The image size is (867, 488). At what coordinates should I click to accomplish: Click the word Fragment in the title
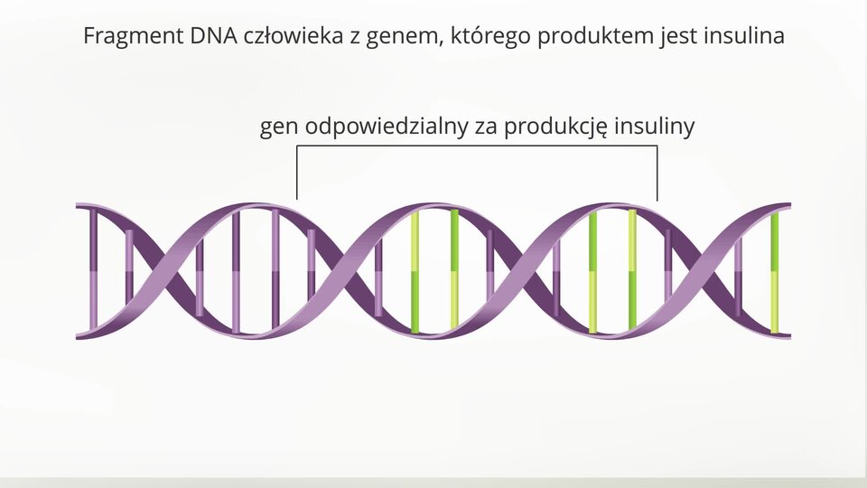pyautogui.click(x=134, y=36)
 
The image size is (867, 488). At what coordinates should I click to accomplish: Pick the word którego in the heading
pyautogui.click(x=490, y=37)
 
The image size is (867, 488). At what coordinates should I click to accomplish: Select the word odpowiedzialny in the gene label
pyautogui.click(x=387, y=127)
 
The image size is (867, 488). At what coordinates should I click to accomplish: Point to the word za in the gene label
pyautogui.click(x=486, y=128)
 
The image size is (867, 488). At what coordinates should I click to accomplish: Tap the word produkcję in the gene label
pyautogui.click(x=555, y=127)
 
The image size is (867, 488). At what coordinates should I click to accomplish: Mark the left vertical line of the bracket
pyautogui.click(x=297, y=173)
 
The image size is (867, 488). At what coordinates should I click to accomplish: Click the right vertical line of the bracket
pyautogui.click(x=657, y=174)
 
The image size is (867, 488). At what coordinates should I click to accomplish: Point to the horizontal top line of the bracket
pyautogui.click(x=477, y=146)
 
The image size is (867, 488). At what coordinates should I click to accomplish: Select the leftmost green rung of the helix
pyautogui.click(x=415, y=272)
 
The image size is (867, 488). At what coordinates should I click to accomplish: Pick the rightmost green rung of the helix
pyautogui.click(x=775, y=272)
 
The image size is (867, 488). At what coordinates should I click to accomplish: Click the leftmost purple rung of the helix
pyautogui.click(x=93, y=269)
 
